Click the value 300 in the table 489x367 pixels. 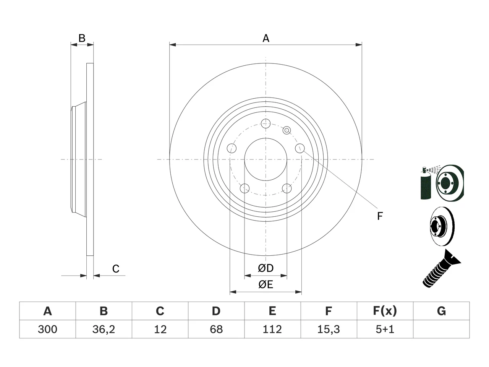pos(47,329)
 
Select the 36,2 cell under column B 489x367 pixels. pos(104,329)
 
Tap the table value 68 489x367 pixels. pos(216,329)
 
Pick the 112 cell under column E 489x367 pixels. pos(272,329)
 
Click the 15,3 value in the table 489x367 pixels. pos(329,329)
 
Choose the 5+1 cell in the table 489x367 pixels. pos(385,329)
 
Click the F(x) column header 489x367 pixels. pos(385,311)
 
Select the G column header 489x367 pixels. pos(441,311)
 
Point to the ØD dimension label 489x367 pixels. pos(266,268)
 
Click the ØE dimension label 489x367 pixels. pos(266,284)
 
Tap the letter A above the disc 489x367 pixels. pos(266,38)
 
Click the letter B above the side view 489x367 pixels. pos(82,38)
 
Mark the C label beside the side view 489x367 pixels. pos(116,269)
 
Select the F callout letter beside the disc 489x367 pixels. pos(380,216)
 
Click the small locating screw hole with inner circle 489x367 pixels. pos(287,130)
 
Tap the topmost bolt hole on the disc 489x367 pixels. pos(266,123)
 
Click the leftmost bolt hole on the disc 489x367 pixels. pos(232,148)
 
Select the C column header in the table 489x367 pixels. pos(160,311)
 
